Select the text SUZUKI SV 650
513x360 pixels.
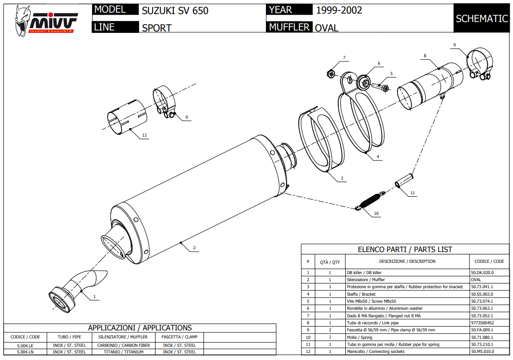pyautogui.click(x=175, y=10)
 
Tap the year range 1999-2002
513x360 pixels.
pyautogui.click(x=339, y=10)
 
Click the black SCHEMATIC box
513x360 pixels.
pyautogui.click(x=482, y=18)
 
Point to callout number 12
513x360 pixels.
pyautogui.click(x=144, y=135)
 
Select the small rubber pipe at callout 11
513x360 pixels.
pyautogui.click(x=404, y=180)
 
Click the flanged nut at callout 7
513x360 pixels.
pyautogui.click(x=330, y=74)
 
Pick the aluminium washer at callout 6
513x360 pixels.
pyautogui.click(x=364, y=82)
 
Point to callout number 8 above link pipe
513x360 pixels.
pyautogui.click(x=425, y=56)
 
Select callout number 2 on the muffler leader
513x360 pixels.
pyautogui.click(x=194, y=248)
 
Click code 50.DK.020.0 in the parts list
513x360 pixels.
pyautogui.click(x=482, y=272)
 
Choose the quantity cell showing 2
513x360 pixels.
pyautogui.click(x=330, y=330)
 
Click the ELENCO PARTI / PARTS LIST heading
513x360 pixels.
pyautogui.click(x=405, y=250)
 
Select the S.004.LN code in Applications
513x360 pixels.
pyautogui.click(x=25, y=352)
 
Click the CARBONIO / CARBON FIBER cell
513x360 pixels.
pyautogui.click(x=124, y=345)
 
